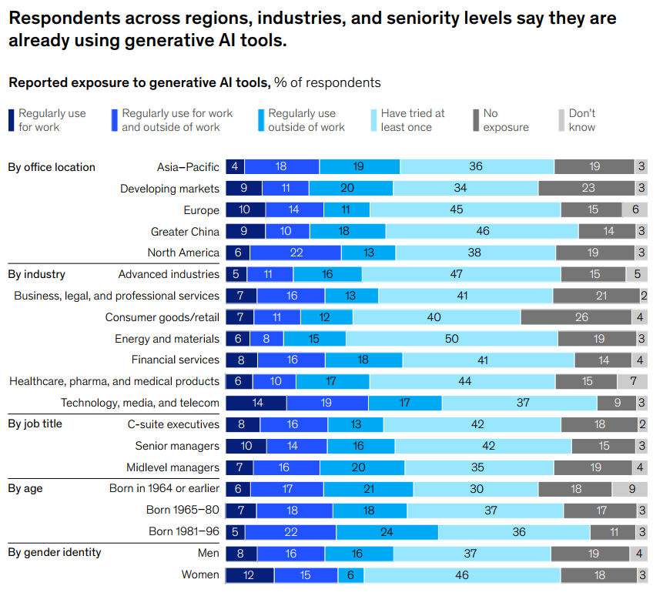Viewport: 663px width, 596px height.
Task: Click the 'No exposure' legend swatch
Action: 477,120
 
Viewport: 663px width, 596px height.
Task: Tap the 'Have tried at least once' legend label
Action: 412,120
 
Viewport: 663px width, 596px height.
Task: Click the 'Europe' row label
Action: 201,210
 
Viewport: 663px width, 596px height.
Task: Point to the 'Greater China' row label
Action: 185,232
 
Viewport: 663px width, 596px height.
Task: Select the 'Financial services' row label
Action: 176,360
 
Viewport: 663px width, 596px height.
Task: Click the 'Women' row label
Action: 200,574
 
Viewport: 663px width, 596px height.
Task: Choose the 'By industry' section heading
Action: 36,274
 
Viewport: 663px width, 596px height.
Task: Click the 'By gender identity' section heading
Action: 54,552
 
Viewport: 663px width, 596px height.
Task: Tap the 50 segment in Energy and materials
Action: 451,339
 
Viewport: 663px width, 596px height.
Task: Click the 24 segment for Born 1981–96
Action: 387,532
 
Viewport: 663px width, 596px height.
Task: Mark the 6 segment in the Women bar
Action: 350,574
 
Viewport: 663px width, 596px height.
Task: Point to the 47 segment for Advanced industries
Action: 460,274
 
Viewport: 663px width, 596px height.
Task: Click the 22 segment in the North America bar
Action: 295,253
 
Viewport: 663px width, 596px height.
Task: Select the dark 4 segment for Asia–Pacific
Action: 234,167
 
